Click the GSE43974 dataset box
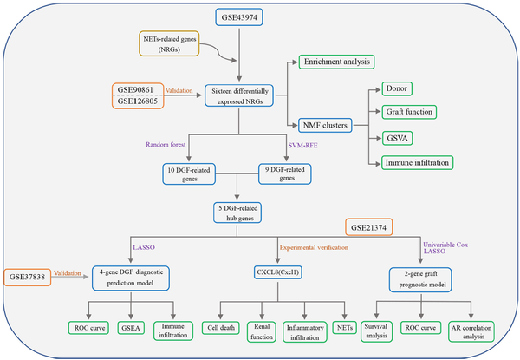click(239, 17)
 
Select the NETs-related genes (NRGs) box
click(169, 43)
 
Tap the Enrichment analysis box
click(336, 62)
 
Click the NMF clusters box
click(325, 126)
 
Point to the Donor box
click(397, 89)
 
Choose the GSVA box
click(397, 138)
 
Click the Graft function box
click(409, 112)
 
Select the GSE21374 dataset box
click(369, 227)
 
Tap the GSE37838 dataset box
click(27, 277)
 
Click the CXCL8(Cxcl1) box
click(278, 272)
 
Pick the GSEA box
click(131, 328)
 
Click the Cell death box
click(221, 328)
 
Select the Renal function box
click(262, 331)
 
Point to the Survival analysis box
click(376, 331)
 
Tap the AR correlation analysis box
click(471, 331)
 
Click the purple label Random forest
click(166, 145)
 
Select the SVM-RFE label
click(302, 146)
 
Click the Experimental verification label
click(314, 247)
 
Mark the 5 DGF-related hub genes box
click(237, 213)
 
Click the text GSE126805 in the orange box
click(137, 101)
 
